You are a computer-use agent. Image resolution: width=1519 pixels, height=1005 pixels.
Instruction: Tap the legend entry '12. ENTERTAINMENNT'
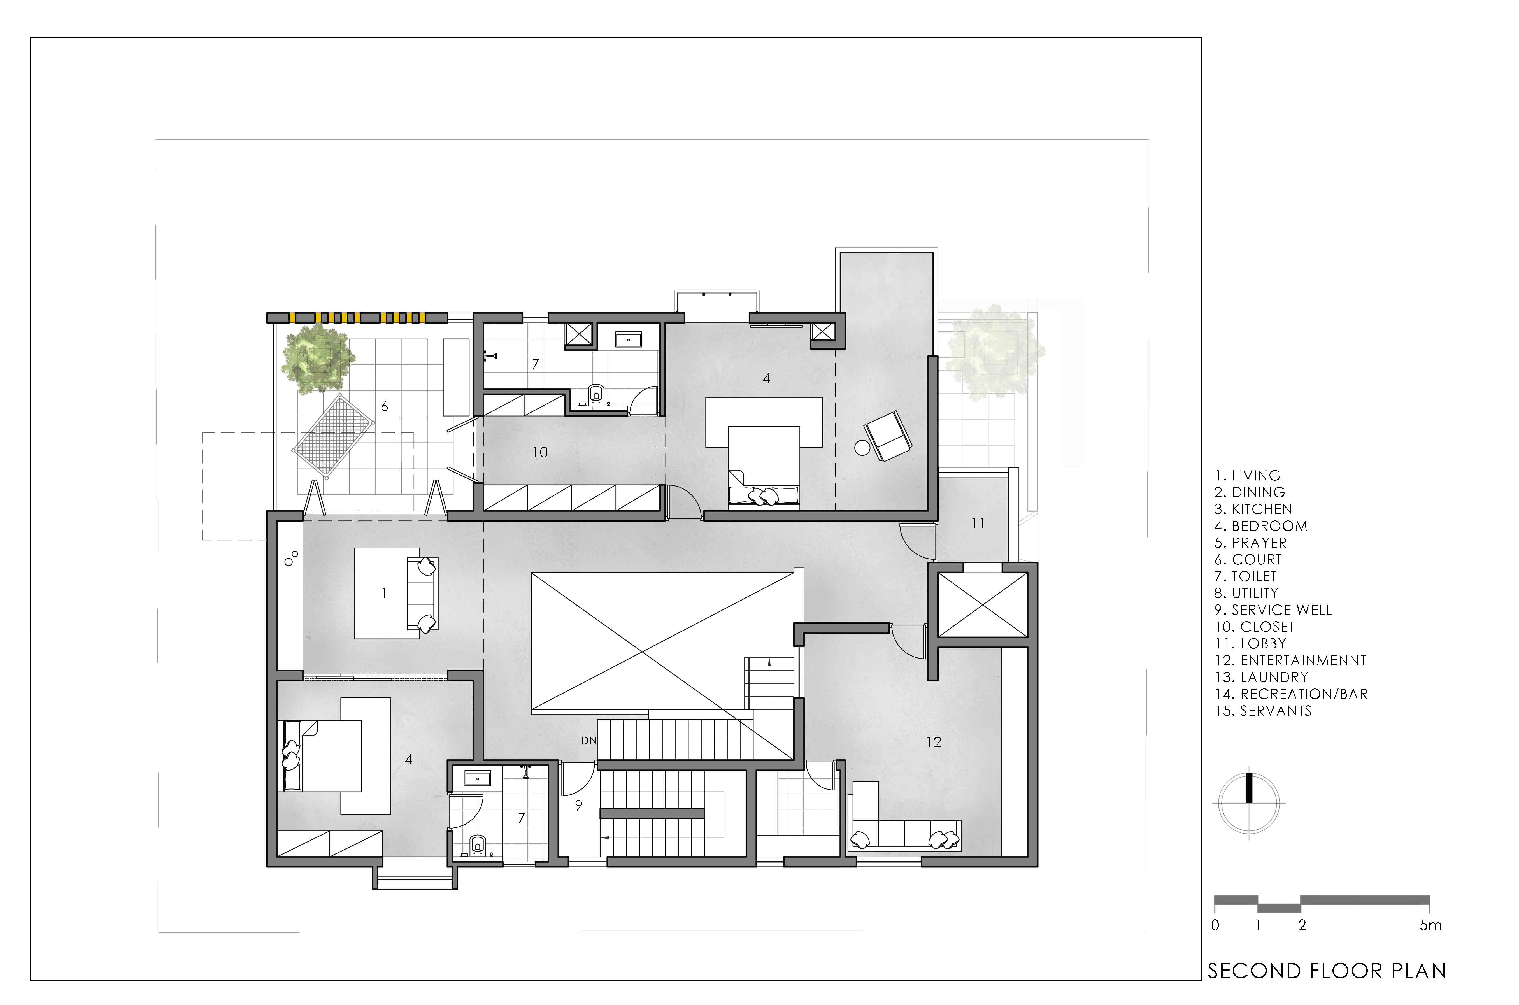tap(1290, 660)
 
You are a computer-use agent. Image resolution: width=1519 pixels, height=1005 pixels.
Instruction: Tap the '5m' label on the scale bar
tap(1430, 925)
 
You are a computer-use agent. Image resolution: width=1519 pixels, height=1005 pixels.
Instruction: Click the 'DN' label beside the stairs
tap(589, 740)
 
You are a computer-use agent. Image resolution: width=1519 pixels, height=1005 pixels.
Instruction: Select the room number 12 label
tap(934, 742)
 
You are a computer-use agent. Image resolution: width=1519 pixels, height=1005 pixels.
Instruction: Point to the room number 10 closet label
tap(540, 453)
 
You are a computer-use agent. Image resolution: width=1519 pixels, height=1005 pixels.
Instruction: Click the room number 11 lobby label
tap(978, 523)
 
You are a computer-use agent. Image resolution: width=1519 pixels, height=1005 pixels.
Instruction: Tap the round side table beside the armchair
tap(861, 448)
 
